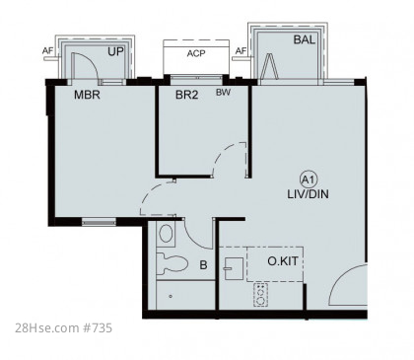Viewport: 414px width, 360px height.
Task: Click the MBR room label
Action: [87, 95]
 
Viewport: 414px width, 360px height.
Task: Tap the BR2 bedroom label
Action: [186, 95]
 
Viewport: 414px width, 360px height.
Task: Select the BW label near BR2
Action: [223, 93]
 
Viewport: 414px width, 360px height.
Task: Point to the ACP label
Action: [196, 53]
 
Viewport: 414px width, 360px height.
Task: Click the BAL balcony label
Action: [305, 39]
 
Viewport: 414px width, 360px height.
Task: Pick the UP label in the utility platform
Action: [115, 51]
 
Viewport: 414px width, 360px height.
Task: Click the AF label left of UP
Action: [47, 51]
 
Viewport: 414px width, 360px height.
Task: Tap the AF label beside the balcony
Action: [241, 51]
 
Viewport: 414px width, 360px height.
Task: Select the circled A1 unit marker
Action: [309, 180]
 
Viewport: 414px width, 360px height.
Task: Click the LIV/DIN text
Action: [308, 194]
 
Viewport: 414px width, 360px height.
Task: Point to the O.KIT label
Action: [283, 261]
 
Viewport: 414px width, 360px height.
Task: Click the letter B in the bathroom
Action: [203, 265]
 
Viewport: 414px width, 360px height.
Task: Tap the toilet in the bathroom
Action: [172, 263]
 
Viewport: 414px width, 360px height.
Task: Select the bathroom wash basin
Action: [166, 233]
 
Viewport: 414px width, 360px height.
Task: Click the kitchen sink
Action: [234, 268]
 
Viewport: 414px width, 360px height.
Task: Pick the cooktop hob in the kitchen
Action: [260, 295]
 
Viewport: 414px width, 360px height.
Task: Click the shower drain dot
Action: [171, 296]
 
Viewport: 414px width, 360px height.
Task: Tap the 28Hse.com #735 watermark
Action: [63, 327]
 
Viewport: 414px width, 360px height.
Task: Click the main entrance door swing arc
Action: [342, 276]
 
